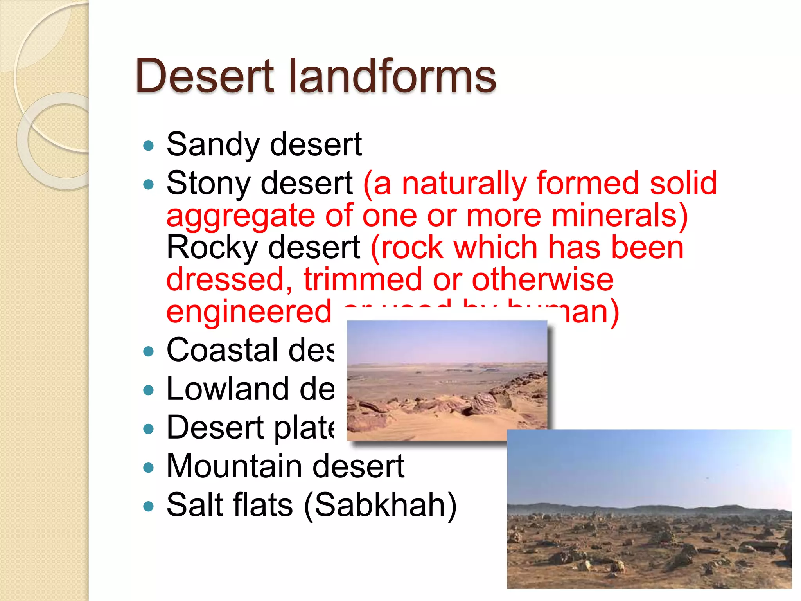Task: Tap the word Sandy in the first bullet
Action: [213, 145]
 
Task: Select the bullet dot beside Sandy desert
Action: [149, 146]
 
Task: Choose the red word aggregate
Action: [241, 216]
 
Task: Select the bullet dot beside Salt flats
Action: [149, 507]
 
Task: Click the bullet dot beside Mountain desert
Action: [149, 468]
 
